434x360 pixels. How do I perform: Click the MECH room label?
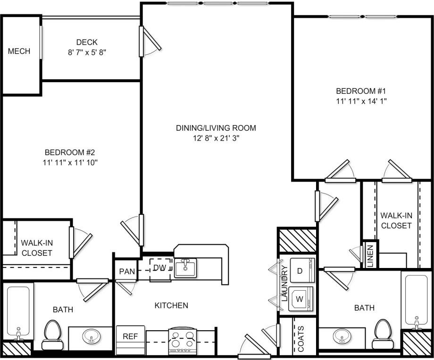pos(19,51)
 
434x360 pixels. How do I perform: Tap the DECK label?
pos(87,42)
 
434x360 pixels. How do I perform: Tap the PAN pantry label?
pos(126,271)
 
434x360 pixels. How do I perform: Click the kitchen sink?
pos(185,268)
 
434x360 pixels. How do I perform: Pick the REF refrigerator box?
pos(130,337)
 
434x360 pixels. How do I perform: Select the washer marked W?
pos(299,299)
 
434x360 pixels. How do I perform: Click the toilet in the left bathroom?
pos(52,334)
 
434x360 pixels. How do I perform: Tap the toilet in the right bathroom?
pos(382,333)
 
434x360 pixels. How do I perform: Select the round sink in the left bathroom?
pos(91,337)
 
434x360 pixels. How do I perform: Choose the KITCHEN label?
pos(171,306)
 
